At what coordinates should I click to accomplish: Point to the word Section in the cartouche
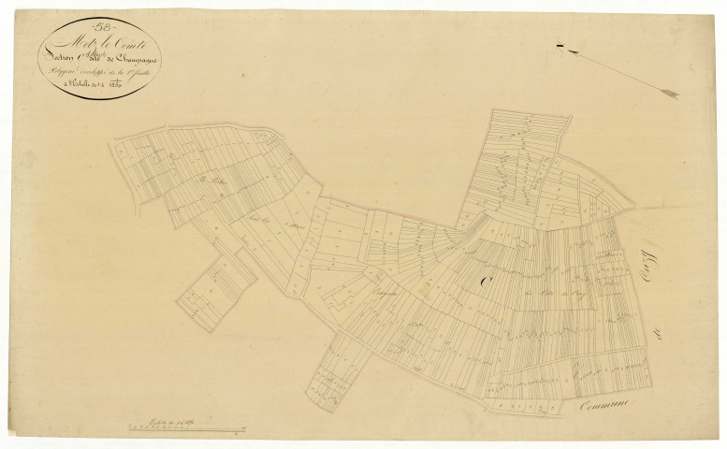58,59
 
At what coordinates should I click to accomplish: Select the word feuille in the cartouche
139,71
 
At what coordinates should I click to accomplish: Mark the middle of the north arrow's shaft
618,69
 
